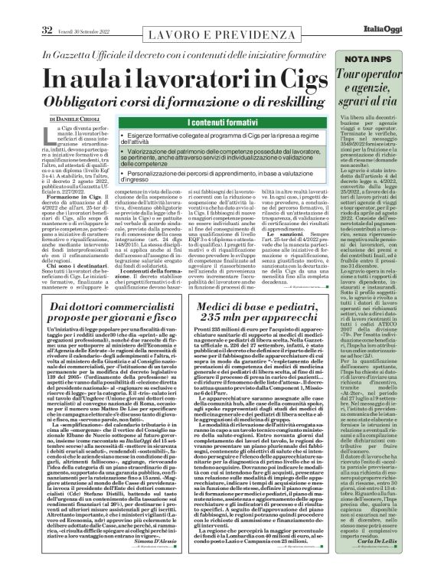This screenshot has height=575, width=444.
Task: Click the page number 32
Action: (x=47, y=8)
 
